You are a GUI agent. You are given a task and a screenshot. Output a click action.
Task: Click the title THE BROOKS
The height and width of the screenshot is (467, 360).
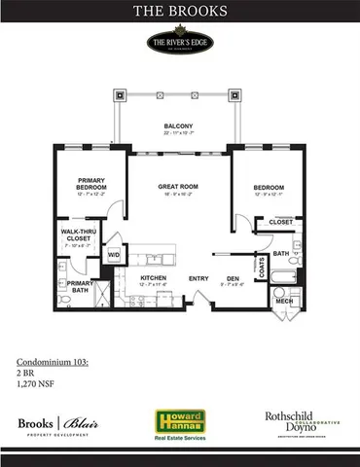(179, 13)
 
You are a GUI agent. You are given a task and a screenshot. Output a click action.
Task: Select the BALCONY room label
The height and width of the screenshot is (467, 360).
(178, 126)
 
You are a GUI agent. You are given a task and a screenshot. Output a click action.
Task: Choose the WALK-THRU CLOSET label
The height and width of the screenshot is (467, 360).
(78, 234)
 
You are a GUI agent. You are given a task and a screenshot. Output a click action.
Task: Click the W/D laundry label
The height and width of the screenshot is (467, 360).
(114, 256)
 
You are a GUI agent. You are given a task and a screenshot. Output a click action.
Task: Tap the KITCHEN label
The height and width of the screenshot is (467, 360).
(153, 278)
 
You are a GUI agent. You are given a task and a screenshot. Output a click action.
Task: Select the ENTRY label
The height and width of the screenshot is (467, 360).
(198, 278)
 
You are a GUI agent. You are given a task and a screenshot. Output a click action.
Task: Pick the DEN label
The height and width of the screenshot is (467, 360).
(233, 278)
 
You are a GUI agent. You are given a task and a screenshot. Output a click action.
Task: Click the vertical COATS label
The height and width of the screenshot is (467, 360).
(261, 267)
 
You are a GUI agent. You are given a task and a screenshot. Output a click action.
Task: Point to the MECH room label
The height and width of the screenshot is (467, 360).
(284, 301)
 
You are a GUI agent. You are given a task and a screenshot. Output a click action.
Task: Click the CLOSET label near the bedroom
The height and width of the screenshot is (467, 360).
(280, 222)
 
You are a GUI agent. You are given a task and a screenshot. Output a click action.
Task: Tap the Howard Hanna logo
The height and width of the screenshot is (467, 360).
(179, 420)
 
